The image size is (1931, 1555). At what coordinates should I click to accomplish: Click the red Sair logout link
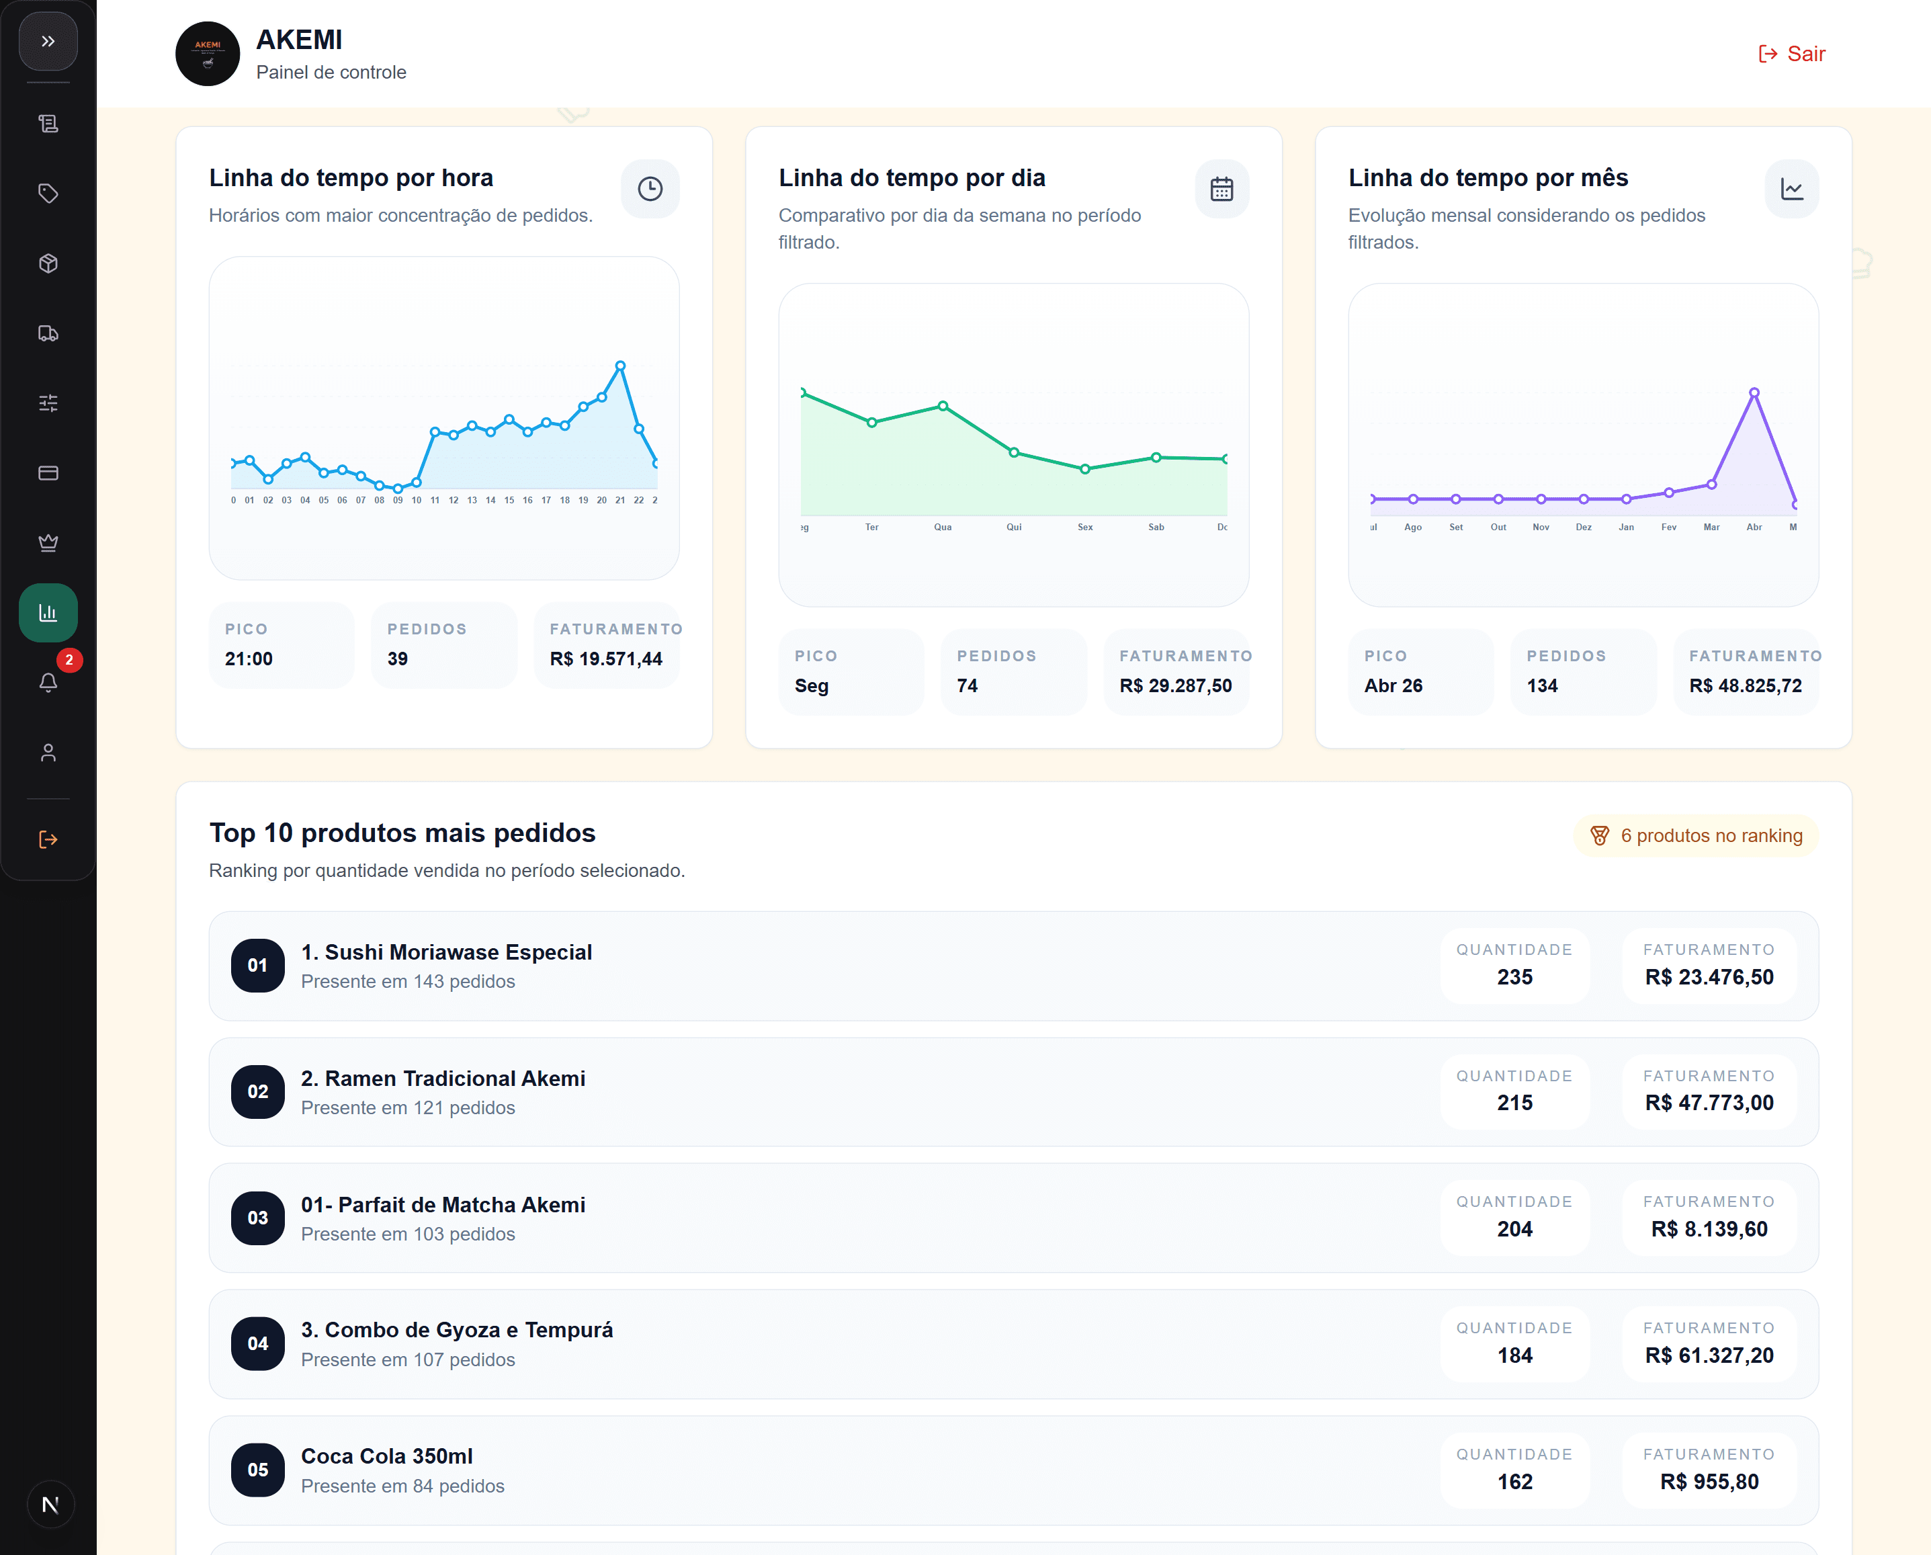(1791, 54)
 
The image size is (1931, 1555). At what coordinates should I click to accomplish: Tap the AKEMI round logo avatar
(208, 54)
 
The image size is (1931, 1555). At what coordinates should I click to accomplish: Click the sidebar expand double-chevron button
(48, 41)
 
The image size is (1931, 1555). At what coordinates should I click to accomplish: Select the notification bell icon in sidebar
(48, 683)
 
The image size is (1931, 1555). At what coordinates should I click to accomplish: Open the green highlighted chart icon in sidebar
(48, 613)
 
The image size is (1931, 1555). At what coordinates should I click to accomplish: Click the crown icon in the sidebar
(48, 543)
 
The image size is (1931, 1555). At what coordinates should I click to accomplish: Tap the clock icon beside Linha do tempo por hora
(650, 189)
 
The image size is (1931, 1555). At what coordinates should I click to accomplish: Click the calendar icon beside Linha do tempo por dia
(1221, 189)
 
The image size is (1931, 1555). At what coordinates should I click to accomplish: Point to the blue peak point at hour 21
(619, 366)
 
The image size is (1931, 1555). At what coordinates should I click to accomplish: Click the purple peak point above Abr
(1754, 392)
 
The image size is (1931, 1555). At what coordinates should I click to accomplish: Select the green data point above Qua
(942, 406)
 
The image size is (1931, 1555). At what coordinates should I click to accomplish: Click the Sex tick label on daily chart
(1084, 527)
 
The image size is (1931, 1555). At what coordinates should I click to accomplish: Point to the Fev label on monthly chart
(1668, 527)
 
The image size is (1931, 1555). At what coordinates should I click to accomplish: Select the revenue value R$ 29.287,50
(1176, 685)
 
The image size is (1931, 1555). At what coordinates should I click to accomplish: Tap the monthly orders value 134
(1542, 685)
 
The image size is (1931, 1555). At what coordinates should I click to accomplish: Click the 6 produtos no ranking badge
(1695, 836)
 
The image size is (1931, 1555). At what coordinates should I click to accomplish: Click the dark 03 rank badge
(258, 1217)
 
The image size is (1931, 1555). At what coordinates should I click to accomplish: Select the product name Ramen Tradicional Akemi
(455, 1079)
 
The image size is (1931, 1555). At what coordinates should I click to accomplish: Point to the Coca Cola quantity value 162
(1514, 1482)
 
